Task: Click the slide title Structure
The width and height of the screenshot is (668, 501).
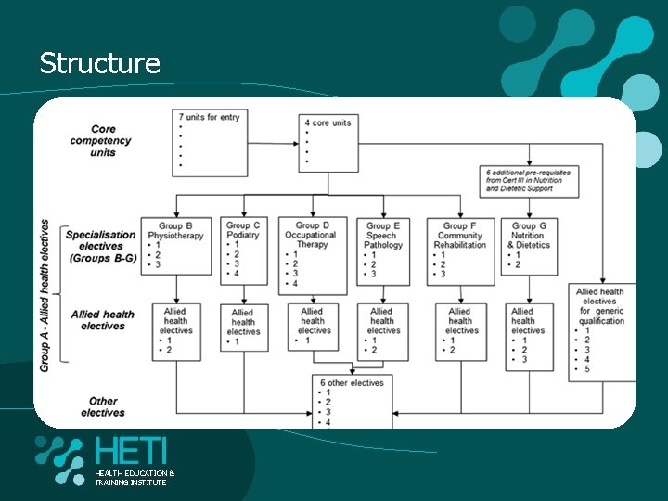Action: pos(100,63)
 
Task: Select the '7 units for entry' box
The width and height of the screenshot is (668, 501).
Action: pos(210,141)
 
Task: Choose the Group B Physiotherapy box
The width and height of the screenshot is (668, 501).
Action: pos(176,245)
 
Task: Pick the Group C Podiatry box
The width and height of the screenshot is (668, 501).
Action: pos(243,250)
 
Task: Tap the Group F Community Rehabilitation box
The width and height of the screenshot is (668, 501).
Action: pos(460,248)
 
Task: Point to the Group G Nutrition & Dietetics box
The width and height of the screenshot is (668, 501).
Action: pos(530,246)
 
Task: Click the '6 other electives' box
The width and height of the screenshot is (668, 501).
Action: pos(353,401)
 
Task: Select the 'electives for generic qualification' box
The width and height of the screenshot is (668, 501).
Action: pos(601,332)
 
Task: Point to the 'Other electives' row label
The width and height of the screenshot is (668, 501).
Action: pos(103,406)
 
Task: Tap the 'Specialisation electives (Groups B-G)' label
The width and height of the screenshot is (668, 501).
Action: pos(101,246)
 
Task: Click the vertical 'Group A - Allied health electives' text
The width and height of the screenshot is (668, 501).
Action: pos(45,295)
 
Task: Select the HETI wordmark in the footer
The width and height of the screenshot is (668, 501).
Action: pos(131,452)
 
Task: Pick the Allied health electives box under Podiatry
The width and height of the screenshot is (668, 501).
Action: pos(243,328)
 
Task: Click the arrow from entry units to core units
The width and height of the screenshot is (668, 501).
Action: pos(274,144)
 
